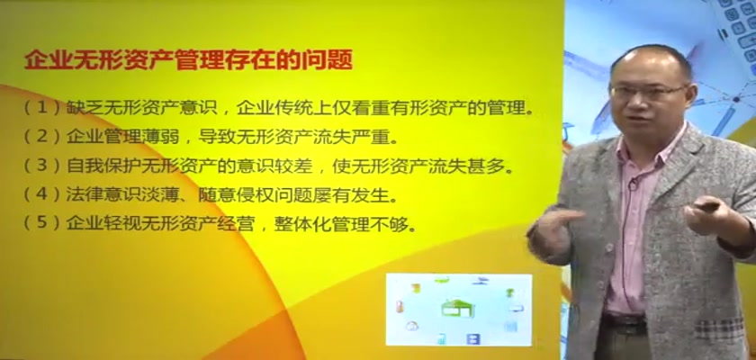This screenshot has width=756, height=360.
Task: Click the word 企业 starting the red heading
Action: click(x=49, y=60)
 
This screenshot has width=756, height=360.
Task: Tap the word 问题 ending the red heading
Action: click(x=328, y=60)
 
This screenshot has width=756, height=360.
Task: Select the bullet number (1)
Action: click(x=43, y=109)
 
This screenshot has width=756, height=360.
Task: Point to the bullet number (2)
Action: click(x=43, y=138)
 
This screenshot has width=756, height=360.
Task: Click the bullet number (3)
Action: click(x=43, y=166)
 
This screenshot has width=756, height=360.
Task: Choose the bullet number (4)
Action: click(x=43, y=195)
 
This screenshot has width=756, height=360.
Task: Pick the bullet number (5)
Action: click(x=43, y=225)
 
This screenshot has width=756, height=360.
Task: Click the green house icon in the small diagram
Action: click(x=457, y=309)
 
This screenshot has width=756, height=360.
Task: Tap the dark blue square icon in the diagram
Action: click(x=473, y=338)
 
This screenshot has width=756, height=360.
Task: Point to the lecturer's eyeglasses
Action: click(x=649, y=91)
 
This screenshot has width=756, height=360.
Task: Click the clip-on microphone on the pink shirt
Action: click(x=635, y=182)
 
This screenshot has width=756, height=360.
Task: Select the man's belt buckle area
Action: click(x=625, y=321)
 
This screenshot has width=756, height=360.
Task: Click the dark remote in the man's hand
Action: click(x=707, y=207)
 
